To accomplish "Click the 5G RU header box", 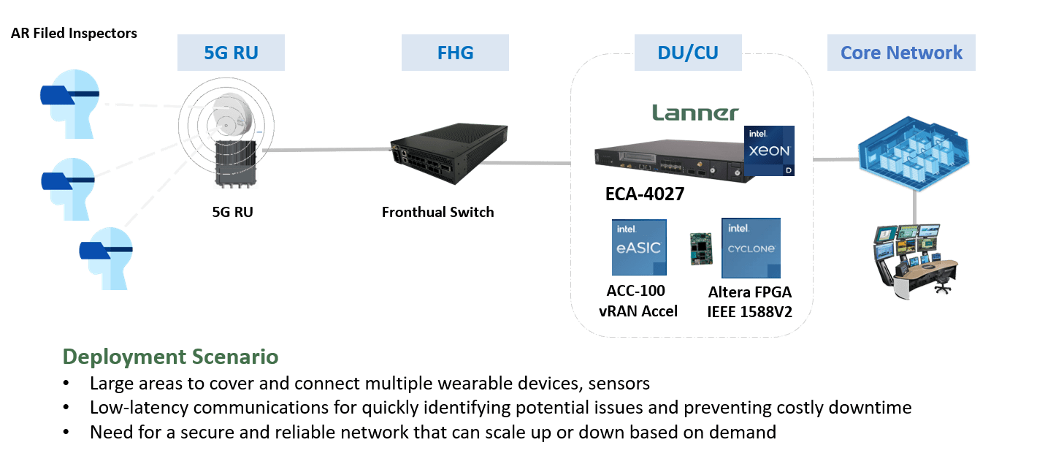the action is [x=231, y=53].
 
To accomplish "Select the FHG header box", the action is [x=455, y=53].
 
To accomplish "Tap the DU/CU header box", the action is [x=688, y=53].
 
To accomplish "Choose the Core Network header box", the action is [x=901, y=53].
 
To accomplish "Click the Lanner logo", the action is [x=695, y=113].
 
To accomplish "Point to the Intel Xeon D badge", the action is [x=769, y=151].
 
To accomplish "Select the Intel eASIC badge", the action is [x=639, y=247].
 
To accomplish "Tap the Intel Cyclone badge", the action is [x=751, y=248].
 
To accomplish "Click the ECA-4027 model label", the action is [x=645, y=194].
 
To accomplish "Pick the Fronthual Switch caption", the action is [x=438, y=212].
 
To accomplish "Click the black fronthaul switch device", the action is [x=448, y=153].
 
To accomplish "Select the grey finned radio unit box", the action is [x=236, y=164].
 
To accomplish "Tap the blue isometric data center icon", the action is [x=914, y=153].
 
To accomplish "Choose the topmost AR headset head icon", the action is [x=70, y=104].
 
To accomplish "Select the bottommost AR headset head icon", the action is [x=107, y=258].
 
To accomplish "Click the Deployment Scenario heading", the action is [x=170, y=357].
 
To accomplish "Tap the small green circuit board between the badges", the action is [x=701, y=249].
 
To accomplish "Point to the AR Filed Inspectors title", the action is [x=74, y=34].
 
